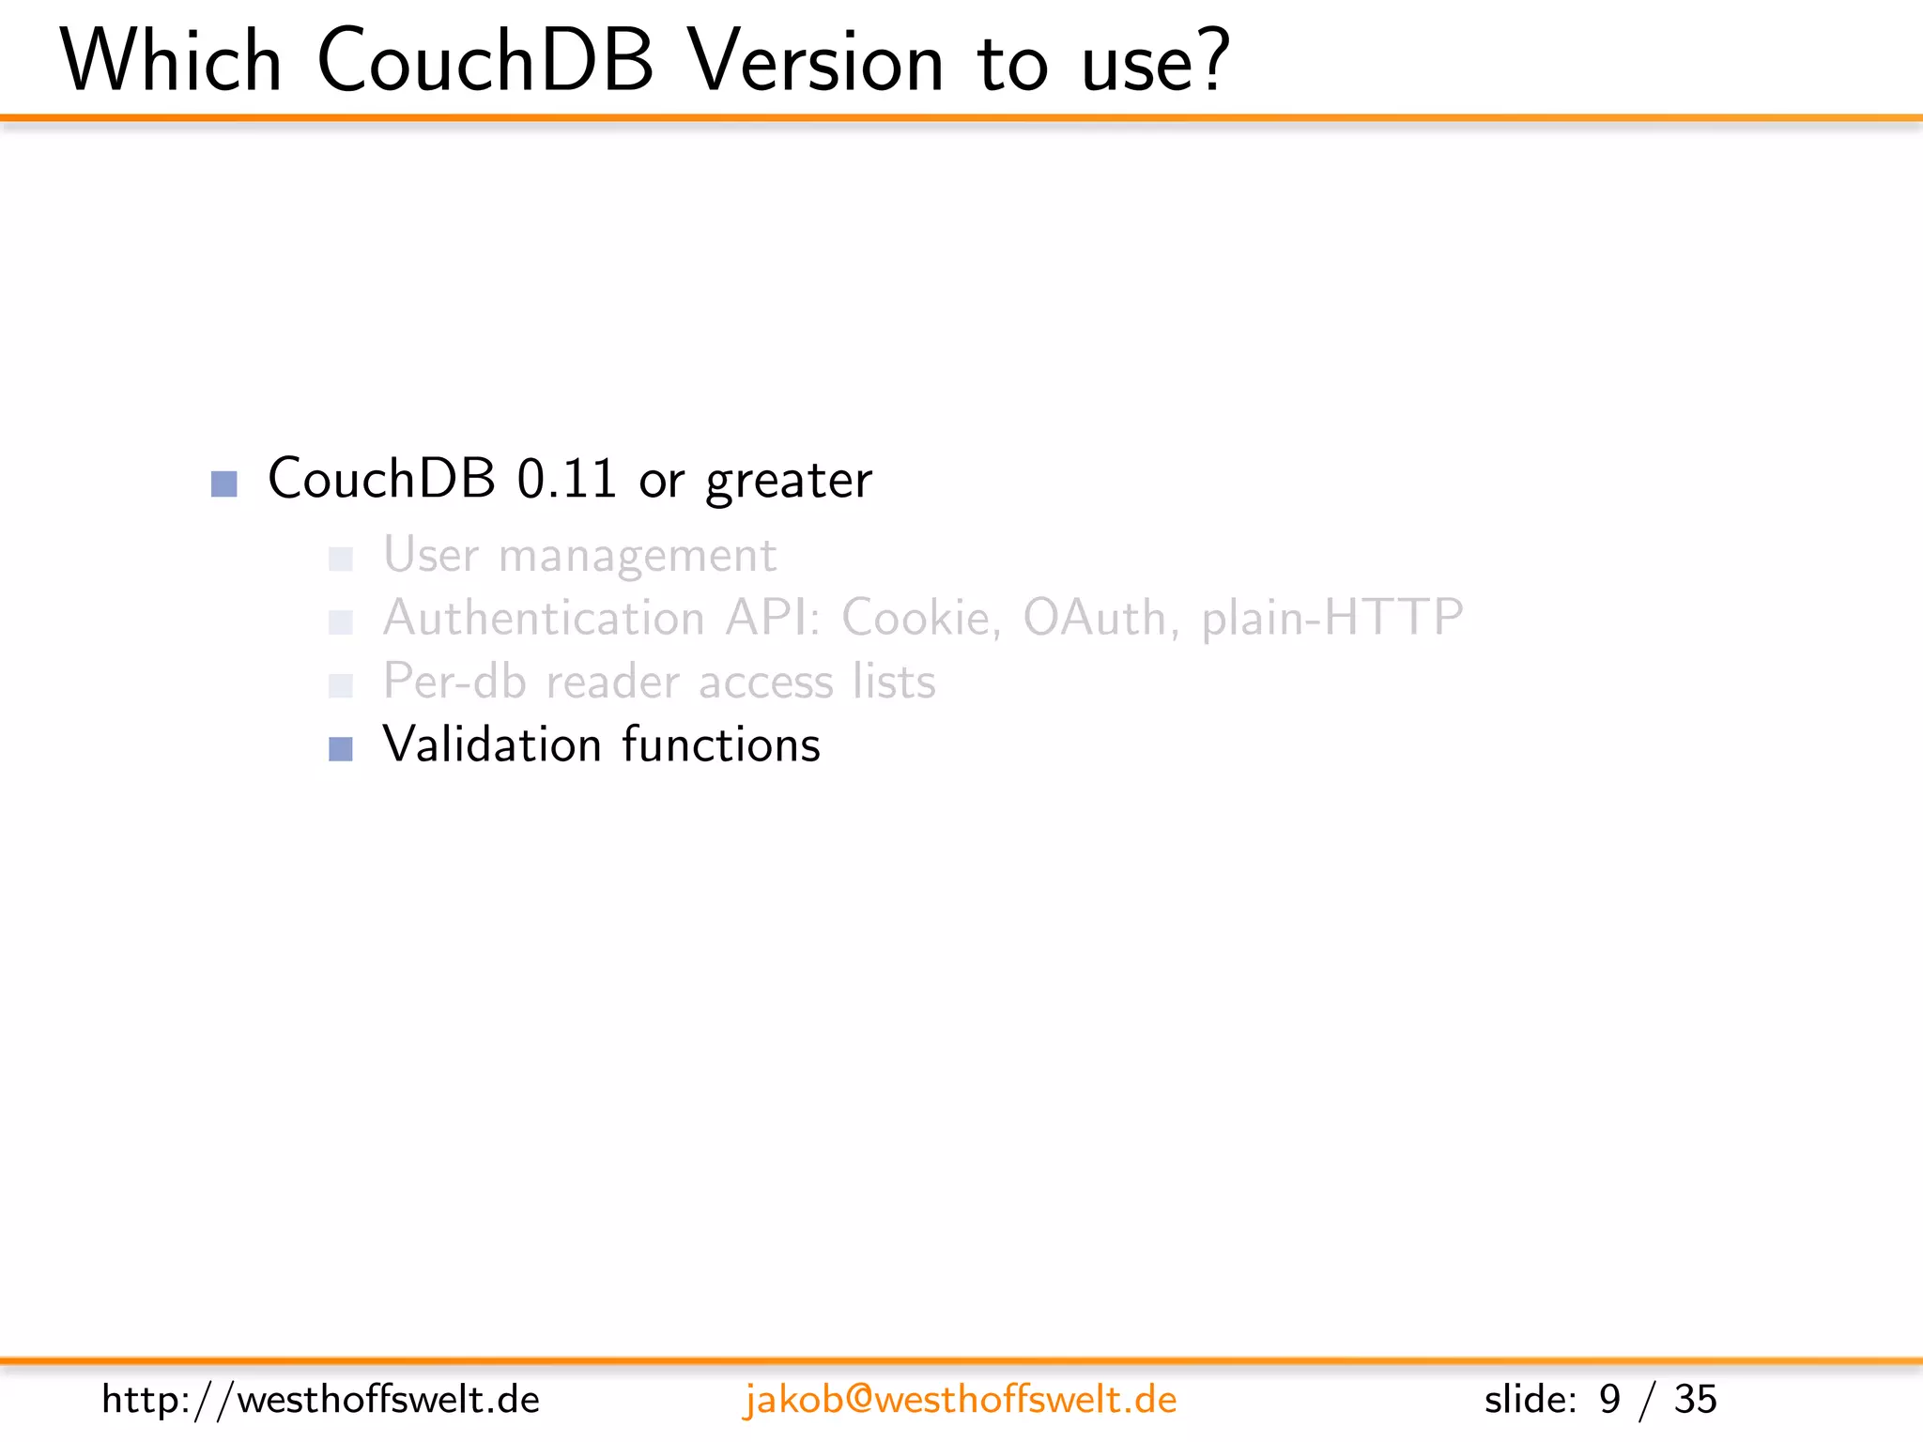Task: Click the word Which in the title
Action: click(x=171, y=61)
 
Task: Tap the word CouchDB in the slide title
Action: click(x=485, y=61)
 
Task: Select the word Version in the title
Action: click(x=815, y=61)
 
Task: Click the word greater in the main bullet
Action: click(x=789, y=481)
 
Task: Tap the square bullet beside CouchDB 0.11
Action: click(x=224, y=483)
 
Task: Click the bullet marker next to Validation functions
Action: click(x=341, y=748)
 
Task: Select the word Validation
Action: click(x=491, y=744)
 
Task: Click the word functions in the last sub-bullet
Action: click(x=721, y=744)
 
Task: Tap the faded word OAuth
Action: click(x=1094, y=618)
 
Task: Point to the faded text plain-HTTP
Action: click(x=1331, y=618)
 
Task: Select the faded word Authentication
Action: click(x=544, y=618)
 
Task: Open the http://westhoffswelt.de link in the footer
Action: click(x=320, y=1400)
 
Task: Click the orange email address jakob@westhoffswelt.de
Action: click(x=960, y=1400)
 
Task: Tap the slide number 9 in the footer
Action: click(x=1610, y=1400)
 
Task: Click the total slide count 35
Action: click(x=1695, y=1400)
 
